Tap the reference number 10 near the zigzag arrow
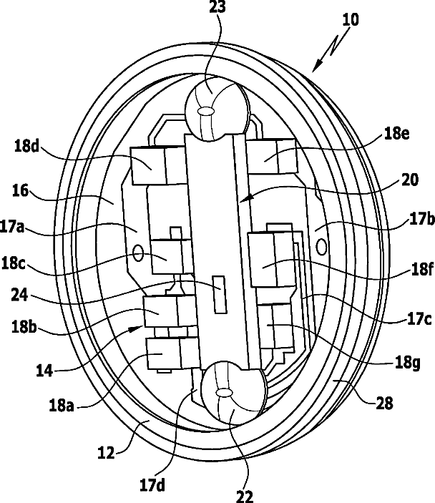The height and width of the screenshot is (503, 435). click(350, 19)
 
